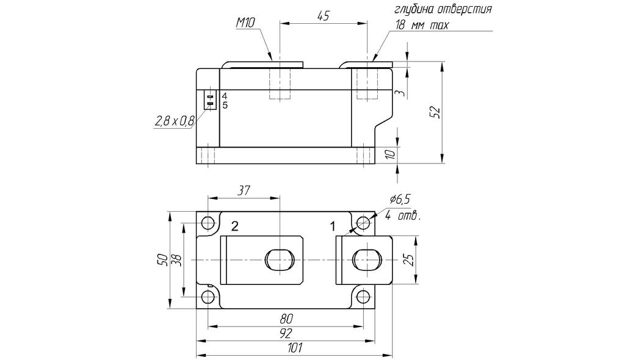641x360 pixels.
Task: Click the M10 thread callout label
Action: [x=245, y=23]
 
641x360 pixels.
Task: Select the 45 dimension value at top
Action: [x=323, y=16]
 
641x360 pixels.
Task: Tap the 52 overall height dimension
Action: [x=435, y=112]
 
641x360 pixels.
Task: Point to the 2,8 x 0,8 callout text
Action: [x=175, y=121]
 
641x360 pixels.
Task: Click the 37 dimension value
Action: [x=244, y=190]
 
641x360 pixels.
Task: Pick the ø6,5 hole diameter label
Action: [x=400, y=200]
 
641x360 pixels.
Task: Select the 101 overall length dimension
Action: [x=295, y=348]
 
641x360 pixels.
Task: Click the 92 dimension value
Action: [x=286, y=333]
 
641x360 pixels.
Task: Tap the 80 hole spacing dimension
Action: [x=286, y=319]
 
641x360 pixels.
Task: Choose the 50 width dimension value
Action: [x=163, y=260]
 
